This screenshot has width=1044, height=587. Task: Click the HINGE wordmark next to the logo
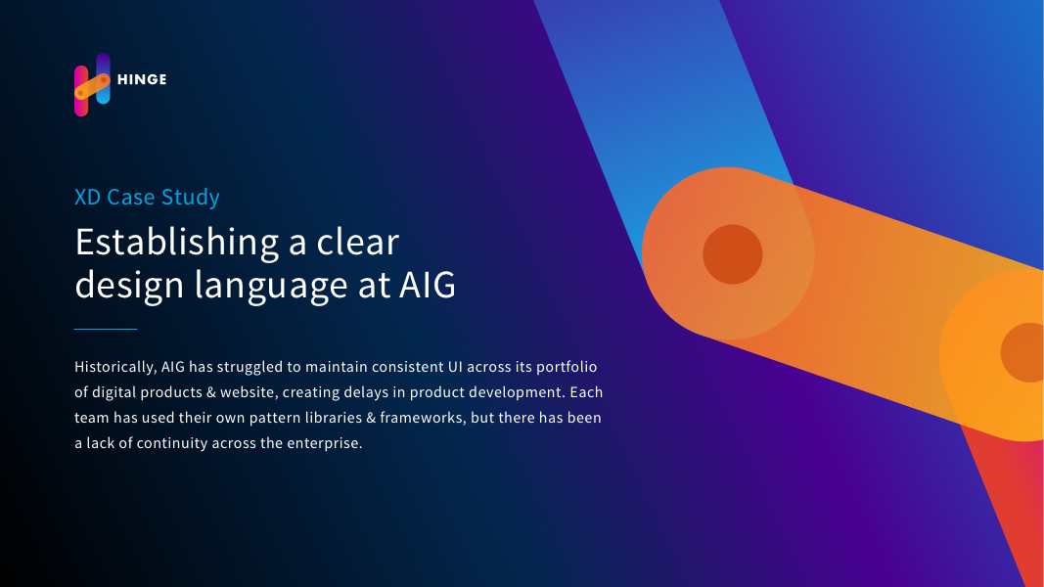pyautogui.click(x=142, y=79)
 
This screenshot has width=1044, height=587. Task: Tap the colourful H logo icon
pyautogui.click(x=92, y=84)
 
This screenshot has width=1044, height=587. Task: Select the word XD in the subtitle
pyautogui.click(x=87, y=197)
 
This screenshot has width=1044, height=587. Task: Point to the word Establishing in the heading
pyautogui.click(x=176, y=243)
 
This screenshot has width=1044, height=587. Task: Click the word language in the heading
pyautogui.click(x=271, y=285)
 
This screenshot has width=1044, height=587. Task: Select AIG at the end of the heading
pyautogui.click(x=428, y=285)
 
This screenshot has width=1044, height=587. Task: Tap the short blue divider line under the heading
pyautogui.click(x=106, y=329)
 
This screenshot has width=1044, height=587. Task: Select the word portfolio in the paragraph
pyautogui.click(x=567, y=368)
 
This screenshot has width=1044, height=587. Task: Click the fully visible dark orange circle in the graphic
pyautogui.click(x=733, y=254)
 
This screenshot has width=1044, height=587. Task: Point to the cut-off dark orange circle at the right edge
pyautogui.click(x=1023, y=353)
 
